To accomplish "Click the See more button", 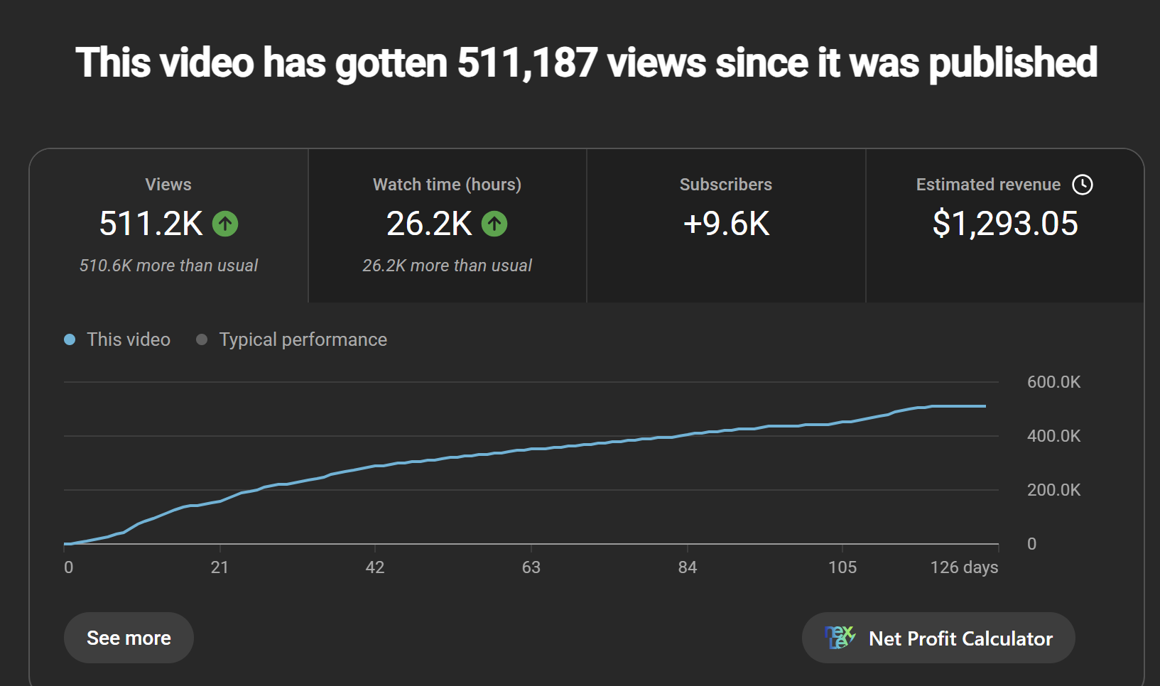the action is click(129, 638).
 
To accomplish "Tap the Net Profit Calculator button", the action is click(938, 638).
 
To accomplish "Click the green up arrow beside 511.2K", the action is click(225, 224).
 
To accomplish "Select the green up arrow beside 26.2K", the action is click(494, 224).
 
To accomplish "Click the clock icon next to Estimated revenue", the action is click(1083, 185).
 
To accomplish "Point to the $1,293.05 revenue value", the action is click(1005, 224).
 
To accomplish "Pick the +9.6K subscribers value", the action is click(726, 224).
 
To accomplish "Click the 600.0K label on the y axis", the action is click(1054, 382).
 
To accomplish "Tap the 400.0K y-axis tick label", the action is click(1054, 436).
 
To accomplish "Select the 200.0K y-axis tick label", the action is click(1054, 490).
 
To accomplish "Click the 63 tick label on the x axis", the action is click(531, 567).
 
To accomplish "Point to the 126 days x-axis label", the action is click(964, 568).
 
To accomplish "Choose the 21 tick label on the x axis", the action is click(219, 567).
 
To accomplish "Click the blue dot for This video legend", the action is click(70, 339).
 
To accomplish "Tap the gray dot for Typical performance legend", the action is click(202, 339).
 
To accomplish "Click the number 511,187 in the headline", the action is click(527, 63).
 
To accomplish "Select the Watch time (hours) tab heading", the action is click(447, 185).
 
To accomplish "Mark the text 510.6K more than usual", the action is click(168, 266).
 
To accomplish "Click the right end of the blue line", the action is click(985, 406).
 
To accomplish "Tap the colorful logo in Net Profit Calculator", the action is click(840, 637).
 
